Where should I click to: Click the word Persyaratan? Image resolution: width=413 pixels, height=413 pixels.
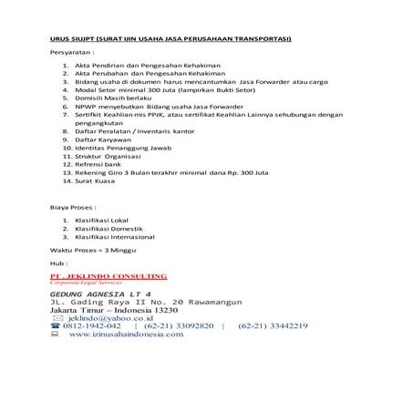click(x=72, y=56)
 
